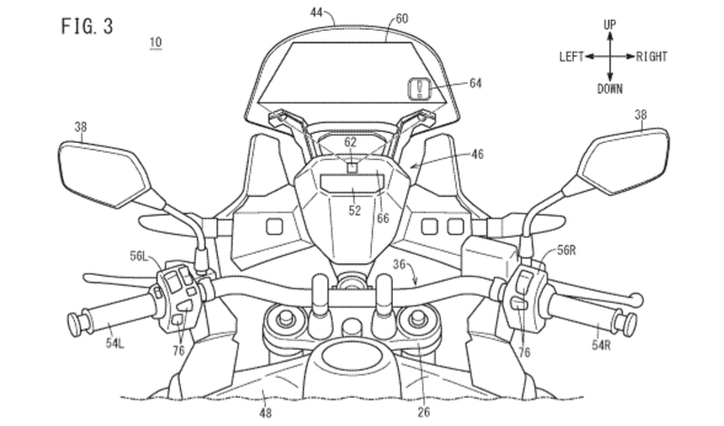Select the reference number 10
click(156, 43)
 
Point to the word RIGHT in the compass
click(652, 57)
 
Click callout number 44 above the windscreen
click(317, 14)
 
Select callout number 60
click(402, 17)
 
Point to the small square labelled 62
click(354, 166)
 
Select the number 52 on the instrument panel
click(355, 211)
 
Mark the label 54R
click(603, 347)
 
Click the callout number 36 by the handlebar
click(399, 263)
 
